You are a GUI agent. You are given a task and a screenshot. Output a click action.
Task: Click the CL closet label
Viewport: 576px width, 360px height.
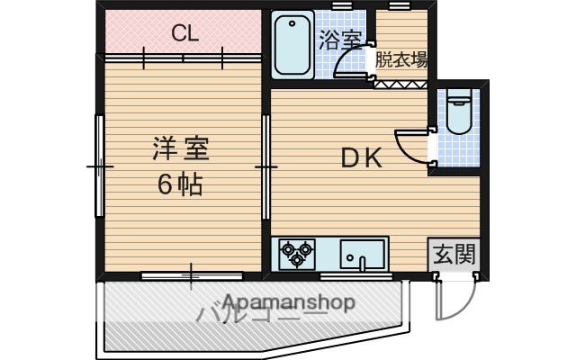pos(185,35)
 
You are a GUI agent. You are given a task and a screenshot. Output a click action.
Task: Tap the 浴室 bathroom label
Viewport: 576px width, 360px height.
pos(340,40)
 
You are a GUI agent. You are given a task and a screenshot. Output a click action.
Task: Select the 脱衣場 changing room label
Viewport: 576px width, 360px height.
pos(401,60)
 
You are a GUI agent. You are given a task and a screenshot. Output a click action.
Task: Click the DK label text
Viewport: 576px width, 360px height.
pos(361,158)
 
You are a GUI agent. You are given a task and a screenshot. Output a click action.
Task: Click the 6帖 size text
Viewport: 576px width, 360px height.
pos(179,184)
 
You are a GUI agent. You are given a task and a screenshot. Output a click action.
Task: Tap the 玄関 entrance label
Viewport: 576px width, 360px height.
pos(454,255)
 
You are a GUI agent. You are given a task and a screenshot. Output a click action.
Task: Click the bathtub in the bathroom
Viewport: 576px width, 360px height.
pos(292,45)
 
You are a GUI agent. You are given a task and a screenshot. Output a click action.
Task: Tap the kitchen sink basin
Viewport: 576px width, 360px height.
pos(363,253)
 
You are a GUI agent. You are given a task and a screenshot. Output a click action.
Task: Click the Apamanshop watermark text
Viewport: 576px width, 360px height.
pos(288,302)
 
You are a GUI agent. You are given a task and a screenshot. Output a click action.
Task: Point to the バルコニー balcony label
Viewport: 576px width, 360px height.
pos(261,315)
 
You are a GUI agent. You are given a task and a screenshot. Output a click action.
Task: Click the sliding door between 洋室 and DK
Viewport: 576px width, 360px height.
pos(266,167)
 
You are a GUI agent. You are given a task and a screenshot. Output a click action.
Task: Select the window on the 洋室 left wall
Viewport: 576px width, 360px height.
pos(98,167)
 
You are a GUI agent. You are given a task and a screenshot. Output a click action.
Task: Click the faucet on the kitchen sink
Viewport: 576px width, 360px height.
pos(362,264)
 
